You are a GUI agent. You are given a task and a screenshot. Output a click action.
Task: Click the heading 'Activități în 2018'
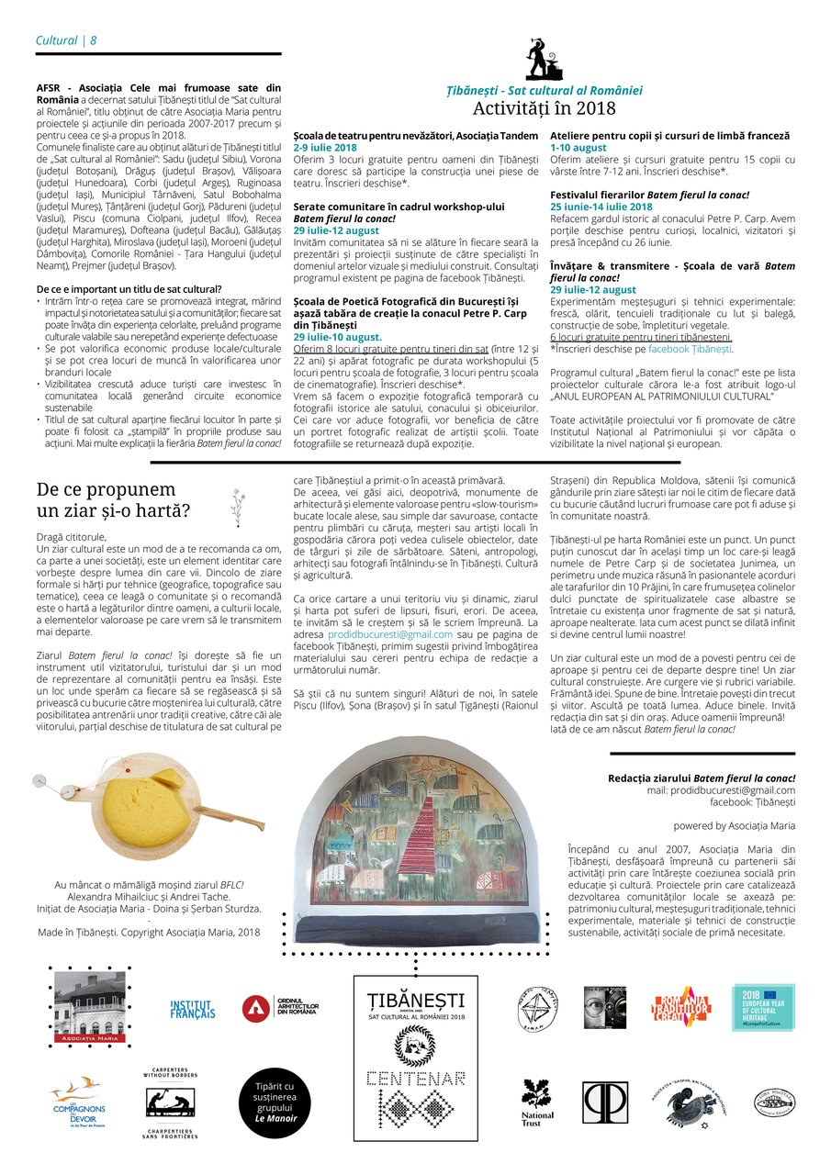pos(544,108)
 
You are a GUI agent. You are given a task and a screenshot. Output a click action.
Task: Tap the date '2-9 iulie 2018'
pos(325,148)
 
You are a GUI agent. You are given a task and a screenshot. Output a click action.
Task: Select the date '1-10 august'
pos(578,148)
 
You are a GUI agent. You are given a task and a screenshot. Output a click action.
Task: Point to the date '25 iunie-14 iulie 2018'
pos(601,207)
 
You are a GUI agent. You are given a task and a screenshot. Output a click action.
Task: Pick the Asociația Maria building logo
pos(90,1007)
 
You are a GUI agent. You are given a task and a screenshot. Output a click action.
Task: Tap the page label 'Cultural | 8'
pos(66,40)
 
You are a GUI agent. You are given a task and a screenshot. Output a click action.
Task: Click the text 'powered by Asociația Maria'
pos(735,826)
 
